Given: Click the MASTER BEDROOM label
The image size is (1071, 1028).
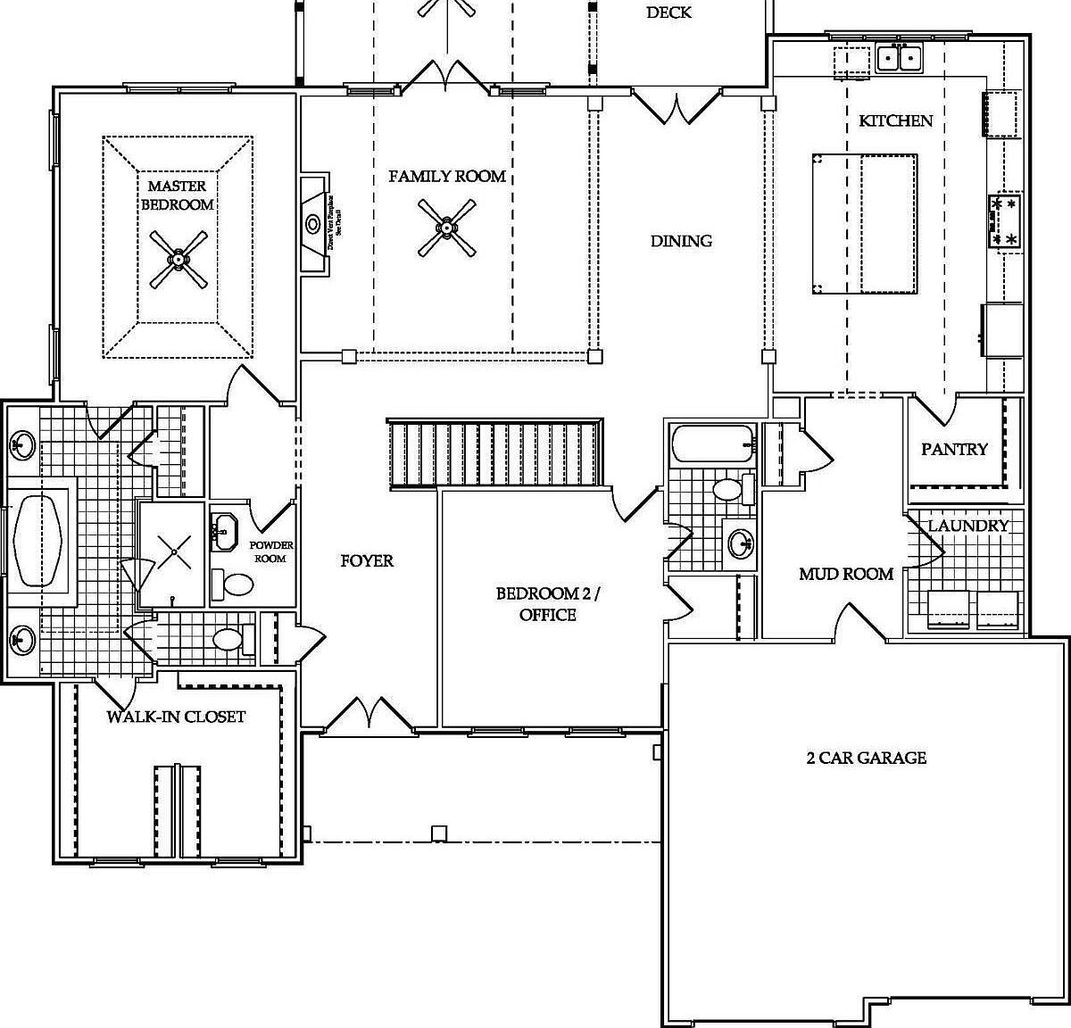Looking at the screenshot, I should (x=180, y=195).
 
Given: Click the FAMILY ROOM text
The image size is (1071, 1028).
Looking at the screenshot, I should (x=447, y=177).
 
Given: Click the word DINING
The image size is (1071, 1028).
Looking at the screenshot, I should (x=681, y=241).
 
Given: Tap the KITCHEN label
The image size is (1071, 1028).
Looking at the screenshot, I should (x=895, y=120).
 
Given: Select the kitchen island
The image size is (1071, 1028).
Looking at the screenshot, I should (x=864, y=224).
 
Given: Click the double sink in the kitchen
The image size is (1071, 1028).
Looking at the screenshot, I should (x=899, y=59).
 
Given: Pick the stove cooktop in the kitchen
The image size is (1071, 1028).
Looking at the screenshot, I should (x=1004, y=221).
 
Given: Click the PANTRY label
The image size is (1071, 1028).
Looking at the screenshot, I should (x=954, y=449).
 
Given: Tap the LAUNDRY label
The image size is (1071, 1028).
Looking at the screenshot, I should (x=968, y=526).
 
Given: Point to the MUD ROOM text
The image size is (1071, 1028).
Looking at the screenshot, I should (x=845, y=574).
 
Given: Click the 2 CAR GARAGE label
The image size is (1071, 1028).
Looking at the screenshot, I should (x=866, y=758).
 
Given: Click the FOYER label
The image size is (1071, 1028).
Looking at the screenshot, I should (x=367, y=560).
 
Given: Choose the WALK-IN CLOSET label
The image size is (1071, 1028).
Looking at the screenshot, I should (x=176, y=717).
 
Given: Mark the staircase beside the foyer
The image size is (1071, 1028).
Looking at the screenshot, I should (x=496, y=453).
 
